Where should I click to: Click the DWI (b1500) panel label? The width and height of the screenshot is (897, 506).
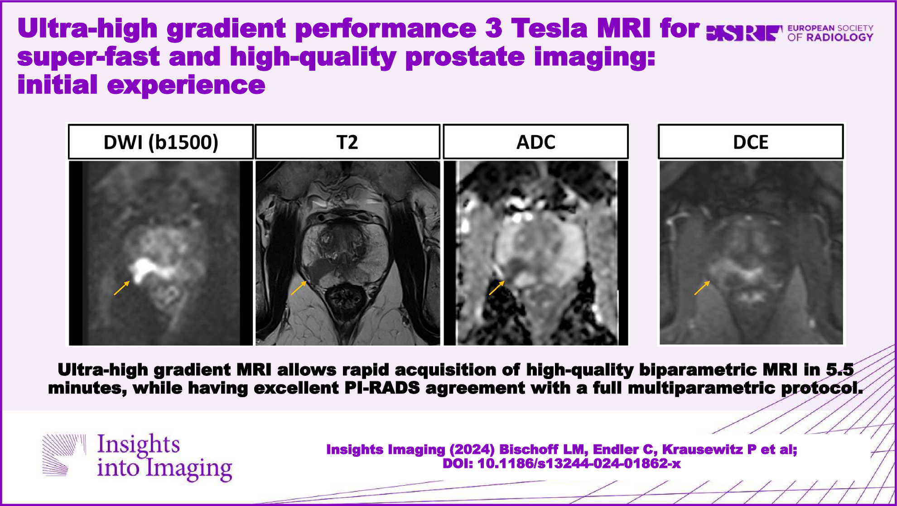pyautogui.click(x=161, y=142)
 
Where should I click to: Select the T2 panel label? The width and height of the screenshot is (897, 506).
pyautogui.click(x=347, y=142)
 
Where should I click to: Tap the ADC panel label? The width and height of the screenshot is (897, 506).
pyautogui.click(x=535, y=142)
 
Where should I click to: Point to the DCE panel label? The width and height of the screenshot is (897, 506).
pyautogui.click(x=751, y=142)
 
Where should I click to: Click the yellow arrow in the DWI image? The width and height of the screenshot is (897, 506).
pyautogui.click(x=122, y=288)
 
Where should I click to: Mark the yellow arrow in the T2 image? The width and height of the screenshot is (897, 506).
pyautogui.click(x=299, y=288)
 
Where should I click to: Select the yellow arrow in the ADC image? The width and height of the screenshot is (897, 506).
pyautogui.click(x=497, y=288)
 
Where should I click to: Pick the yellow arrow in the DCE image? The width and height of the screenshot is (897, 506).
pyautogui.click(x=702, y=288)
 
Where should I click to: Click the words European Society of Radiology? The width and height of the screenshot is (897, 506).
pyautogui.click(x=830, y=33)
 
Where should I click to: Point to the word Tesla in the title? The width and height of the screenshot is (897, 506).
pyautogui.click(x=550, y=28)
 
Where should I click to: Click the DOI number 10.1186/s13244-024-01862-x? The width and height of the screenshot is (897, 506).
pyautogui.click(x=579, y=463)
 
